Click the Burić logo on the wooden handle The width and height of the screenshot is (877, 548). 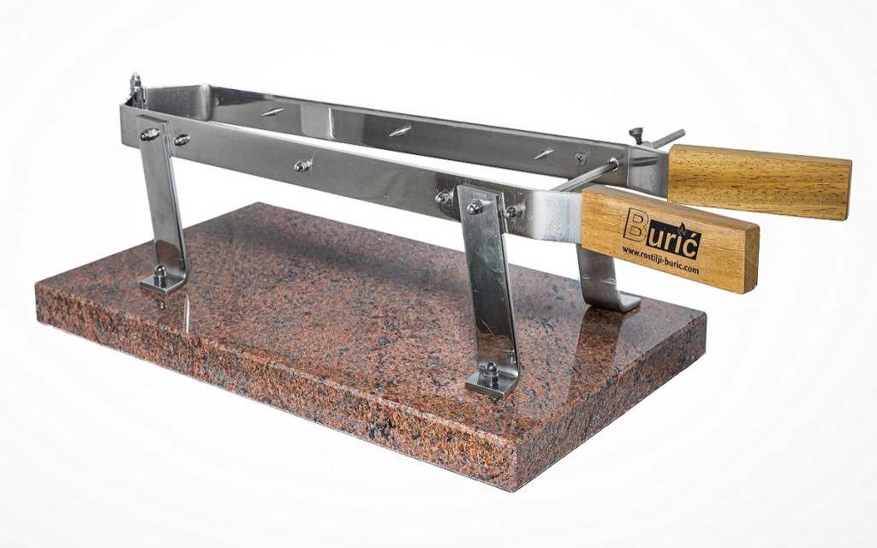[662, 233]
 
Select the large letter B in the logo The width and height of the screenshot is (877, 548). [634, 225]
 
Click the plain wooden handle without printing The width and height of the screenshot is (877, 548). [760, 182]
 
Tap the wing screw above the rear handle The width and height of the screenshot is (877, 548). [636, 134]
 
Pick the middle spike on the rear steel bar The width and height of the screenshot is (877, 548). [401, 131]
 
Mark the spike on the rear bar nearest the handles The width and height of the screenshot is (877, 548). [543, 154]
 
